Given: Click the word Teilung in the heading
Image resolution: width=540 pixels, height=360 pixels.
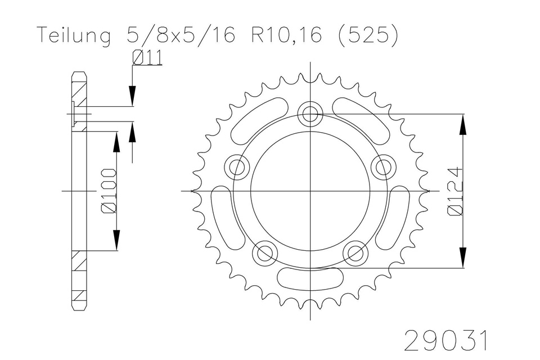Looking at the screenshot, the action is click(x=74, y=35).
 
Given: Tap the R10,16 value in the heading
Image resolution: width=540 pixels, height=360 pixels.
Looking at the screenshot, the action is click(x=287, y=35).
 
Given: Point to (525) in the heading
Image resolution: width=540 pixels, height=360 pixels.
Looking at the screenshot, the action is click(x=368, y=35).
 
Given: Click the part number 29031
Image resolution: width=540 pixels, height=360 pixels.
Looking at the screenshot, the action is click(x=446, y=340).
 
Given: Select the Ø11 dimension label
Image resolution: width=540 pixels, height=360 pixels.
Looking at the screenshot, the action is click(x=147, y=57).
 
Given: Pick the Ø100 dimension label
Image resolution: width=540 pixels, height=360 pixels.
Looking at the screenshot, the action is click(x=109, y=191).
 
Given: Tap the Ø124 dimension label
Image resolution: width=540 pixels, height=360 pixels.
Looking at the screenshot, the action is click(x=455, y=192).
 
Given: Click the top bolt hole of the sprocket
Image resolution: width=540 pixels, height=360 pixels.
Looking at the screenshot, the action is click(x=310, y=114).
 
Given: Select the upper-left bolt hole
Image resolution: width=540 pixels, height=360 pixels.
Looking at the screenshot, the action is click(x=237, y=168).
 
